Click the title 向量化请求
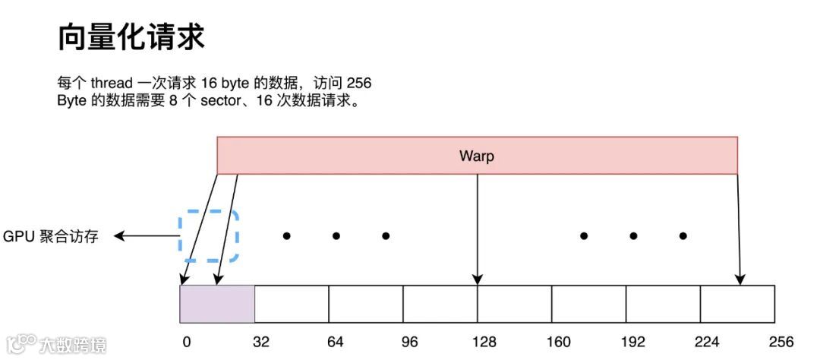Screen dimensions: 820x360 (131, 37)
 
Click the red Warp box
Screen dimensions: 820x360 (477, 156)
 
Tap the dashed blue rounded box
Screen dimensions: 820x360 (209, 236)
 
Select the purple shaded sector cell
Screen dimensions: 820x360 (216, 304)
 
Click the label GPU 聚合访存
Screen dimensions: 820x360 (51, 237)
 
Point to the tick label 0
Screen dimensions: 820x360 (186, 342)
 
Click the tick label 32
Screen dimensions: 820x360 (261, 342)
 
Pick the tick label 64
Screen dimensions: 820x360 (335, 342)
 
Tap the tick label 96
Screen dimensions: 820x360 (409, 342)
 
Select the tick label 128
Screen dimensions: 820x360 (484, 342)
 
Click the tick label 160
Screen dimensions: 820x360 (558, 342)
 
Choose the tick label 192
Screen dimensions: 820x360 (632, 342)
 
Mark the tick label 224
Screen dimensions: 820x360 (707, 342)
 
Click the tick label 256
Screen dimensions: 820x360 (781, 342)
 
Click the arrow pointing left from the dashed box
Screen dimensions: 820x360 (144, 236)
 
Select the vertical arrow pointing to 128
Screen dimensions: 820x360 (477, 228)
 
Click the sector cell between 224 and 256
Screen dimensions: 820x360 (736, 304)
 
